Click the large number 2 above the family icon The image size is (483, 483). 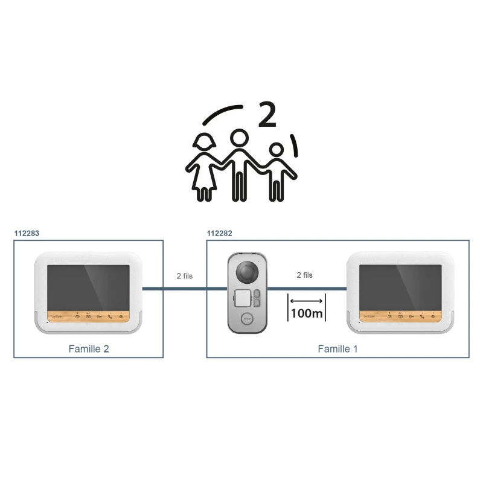tap(266, 115)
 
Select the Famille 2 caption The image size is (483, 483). tap(89, 348)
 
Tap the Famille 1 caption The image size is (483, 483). tap(338, 348)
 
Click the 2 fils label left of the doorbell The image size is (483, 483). tap(185, 275)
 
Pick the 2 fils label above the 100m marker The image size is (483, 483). tap(305, 275)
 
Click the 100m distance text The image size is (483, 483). tap(307, 313)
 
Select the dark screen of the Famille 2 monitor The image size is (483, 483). tap(89, 286)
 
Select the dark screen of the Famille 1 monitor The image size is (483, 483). tap(400, 286)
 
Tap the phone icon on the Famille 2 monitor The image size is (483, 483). tap(110, 316)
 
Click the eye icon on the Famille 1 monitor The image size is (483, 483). tap(433, 316)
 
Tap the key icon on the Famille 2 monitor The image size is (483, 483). tap(99, 316)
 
